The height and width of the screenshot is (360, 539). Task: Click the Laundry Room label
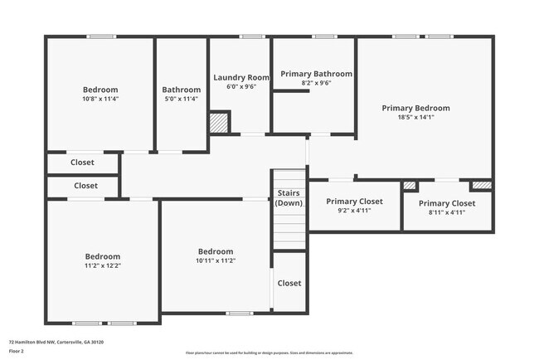click(240, 77)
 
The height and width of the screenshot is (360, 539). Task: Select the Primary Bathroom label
click(316, 74)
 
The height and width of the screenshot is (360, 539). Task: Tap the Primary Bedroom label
click(415, 108)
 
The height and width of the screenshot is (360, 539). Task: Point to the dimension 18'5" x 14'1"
click(415, 117)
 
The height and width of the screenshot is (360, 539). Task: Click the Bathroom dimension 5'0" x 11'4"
click(181, 99)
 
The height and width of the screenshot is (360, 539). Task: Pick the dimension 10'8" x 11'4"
click(100, 99)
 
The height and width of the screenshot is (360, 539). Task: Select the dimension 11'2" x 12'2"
click(103, 265)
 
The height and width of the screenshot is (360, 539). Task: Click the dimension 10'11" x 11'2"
click(215, 260)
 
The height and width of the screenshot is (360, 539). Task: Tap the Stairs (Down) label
click(289, 198)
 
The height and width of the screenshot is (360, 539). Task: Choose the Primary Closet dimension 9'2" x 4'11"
click(353, 211)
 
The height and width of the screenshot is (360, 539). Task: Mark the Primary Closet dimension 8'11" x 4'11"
click(447, 212)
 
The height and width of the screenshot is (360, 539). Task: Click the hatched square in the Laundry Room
click(219, 123)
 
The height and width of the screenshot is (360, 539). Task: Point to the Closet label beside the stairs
click(289, 283)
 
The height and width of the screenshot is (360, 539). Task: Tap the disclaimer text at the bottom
click(269, 353)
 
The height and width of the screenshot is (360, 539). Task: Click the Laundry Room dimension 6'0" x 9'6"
click(240, 86)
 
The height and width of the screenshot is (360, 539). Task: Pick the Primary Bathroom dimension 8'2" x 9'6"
click(316, 83)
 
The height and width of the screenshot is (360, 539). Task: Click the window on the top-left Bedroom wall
click(101, 36)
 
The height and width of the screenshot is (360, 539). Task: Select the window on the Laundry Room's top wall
click(251, 36)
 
